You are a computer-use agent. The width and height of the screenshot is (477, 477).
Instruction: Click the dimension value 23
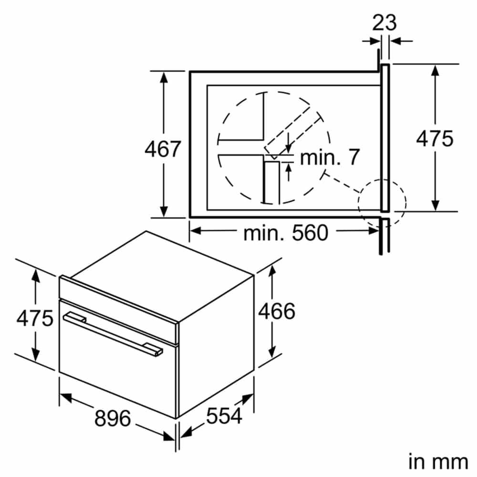click(384, 22)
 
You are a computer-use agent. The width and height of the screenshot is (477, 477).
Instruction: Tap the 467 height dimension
click(163, 149)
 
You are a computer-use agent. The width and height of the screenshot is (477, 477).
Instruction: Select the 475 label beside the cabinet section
click(435, 139)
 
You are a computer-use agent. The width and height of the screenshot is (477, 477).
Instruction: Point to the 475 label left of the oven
click(35, 318)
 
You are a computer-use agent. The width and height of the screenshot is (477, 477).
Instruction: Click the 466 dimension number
click(277, 311)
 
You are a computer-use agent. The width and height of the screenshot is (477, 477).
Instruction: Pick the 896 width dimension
click(113, 418)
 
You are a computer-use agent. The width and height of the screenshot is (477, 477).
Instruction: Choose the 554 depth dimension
click(224, 415)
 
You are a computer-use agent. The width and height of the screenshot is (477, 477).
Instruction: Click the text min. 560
click(286, 233)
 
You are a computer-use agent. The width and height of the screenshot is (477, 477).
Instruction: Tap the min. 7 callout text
click(330, 157)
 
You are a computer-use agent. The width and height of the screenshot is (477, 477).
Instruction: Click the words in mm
click(438, 461)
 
